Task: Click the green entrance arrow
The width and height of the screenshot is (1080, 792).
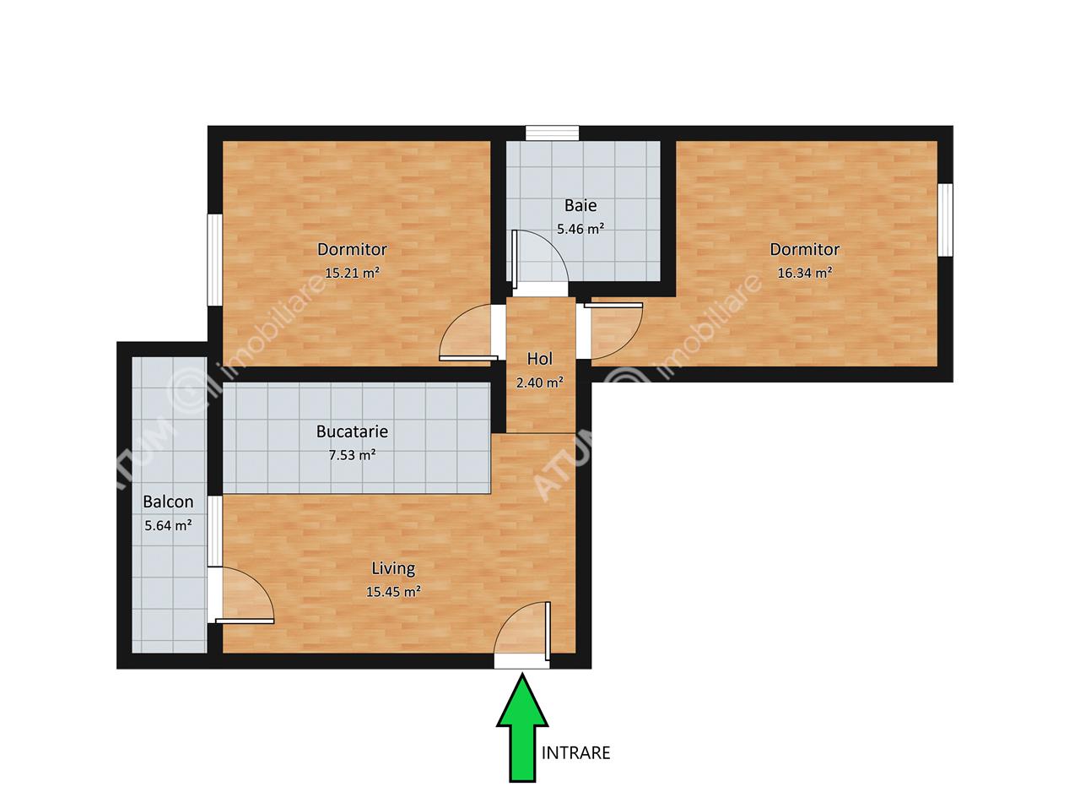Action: pos(522,729)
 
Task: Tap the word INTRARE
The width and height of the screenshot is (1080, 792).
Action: pos(575,753)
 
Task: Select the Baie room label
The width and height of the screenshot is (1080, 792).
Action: pos(580,205)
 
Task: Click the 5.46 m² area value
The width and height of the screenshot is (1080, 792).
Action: pos(580,229)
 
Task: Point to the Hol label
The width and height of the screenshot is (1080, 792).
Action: pos(539,359)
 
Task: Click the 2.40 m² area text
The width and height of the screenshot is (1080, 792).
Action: pos(539,382)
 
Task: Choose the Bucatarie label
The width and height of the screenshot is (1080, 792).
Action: pos(352,431)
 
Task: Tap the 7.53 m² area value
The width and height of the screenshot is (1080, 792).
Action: pos(352,455)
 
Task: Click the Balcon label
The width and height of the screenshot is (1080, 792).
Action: pos(168,502)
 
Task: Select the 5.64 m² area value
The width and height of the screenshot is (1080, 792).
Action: pos(168,525)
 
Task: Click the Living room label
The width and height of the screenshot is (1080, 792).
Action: pos(393,569)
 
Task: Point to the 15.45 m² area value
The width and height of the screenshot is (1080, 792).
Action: pos(393,591)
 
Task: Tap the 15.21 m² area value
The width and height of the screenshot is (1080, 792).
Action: pos(352,273)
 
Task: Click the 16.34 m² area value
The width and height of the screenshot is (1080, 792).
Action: pos(805,273)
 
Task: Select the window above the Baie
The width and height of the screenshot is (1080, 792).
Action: pos(552,133)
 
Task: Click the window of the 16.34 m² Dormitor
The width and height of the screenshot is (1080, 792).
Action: pos(946,220)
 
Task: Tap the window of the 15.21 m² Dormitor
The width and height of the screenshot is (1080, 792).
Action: pos(215,260)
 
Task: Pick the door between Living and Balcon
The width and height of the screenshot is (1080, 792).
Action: pos(241,595)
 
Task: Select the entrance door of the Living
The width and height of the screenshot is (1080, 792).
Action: pos(522,632)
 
